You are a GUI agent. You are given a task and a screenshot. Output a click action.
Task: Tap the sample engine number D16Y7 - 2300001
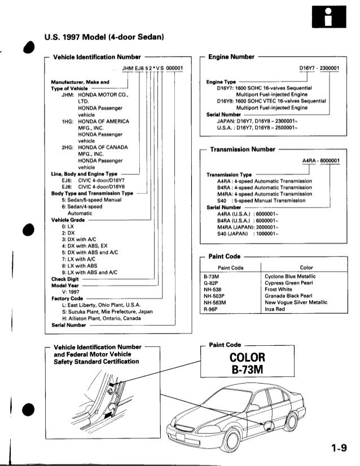[x=319, y=69]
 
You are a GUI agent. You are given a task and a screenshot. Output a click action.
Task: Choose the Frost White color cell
[x=278, y=289]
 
